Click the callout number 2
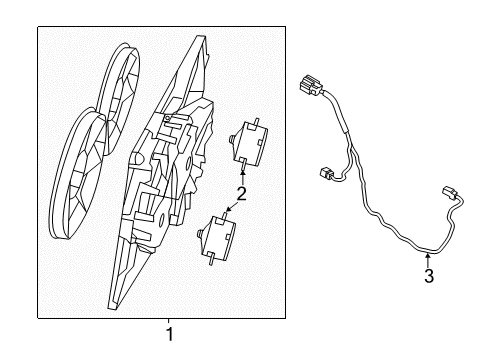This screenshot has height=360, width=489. pyautogui.click(x=241, y=193)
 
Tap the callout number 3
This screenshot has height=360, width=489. pyautogui.click(x=428, y=276)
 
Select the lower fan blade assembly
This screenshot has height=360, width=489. pyautogui.click(x=87, y=175)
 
